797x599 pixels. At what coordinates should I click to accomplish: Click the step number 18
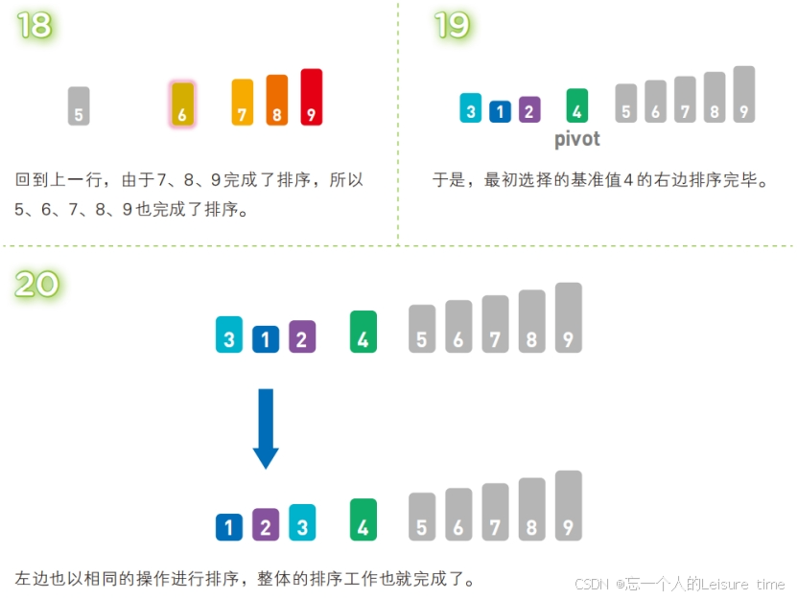click(x=35, y=25)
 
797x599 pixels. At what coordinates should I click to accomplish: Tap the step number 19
click(x=452, y=25)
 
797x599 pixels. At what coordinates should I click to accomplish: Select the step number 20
click(x=37, y=283)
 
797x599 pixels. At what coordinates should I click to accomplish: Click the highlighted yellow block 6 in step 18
click(x=182, y=104)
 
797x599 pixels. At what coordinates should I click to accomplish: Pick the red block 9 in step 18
click(x=311, y=97)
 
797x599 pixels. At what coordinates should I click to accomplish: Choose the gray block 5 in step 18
click(x=79, y=106)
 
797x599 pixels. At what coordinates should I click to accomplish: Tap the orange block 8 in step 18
click(x=276, y=100)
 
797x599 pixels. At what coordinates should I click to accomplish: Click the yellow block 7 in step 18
click(x=243, y=103)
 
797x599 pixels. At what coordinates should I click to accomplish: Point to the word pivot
click(x=577, y=139)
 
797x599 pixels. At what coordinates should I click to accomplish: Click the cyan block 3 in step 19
click(x=470, y=107)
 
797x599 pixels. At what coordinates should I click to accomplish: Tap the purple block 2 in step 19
click(x=528, y=109)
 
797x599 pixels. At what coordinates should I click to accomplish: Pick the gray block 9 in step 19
click(x=743, y=94)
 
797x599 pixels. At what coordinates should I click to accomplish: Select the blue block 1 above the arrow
click(x=266, y=338)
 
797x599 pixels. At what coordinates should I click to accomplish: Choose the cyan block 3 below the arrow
click(x=302, y=522)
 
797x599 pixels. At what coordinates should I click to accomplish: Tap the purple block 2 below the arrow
click(x=266, y=524)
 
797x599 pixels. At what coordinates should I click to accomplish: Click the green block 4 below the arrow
click(x=363, y=519)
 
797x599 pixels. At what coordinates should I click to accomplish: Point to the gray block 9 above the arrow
click(x=568, y=317)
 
